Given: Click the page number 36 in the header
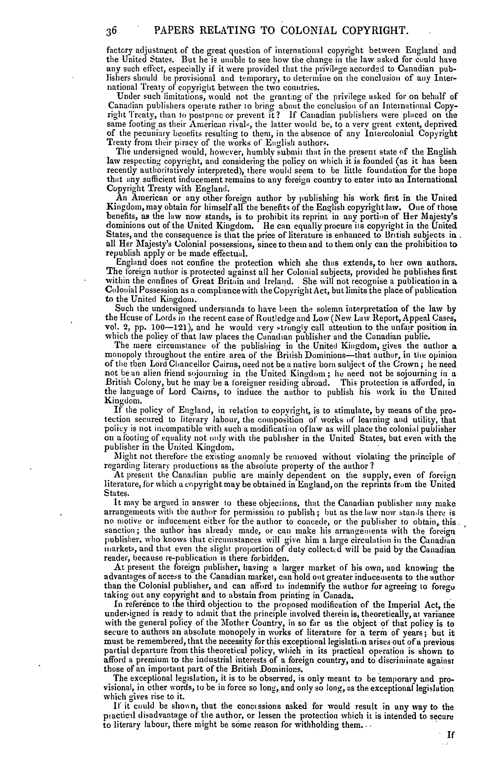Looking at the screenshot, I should (x=112, y=31).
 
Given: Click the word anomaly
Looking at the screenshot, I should (x=228, y=456).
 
